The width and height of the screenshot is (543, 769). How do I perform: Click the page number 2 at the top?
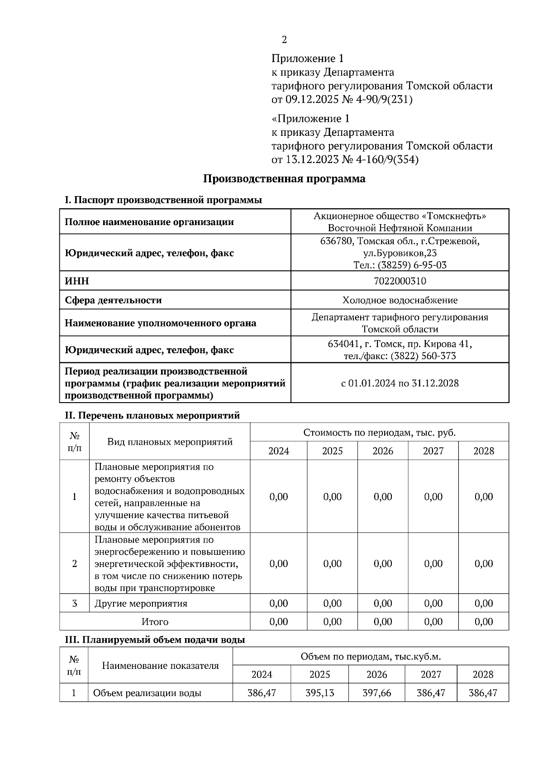coord(284,40)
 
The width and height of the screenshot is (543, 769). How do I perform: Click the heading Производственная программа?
coord(284,179)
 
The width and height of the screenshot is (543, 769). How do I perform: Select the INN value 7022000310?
coord(400,281)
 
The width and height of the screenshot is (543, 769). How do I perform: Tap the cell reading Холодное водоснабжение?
coord(400,300)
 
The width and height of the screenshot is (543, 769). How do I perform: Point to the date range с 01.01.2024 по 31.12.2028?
coord(400,384)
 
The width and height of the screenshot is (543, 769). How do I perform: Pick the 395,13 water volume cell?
coord(319,693)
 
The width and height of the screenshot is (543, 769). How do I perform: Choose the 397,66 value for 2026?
coord(376,693)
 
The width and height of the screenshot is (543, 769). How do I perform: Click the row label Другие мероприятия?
coord(141,604)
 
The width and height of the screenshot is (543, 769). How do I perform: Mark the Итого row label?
coord(155,622)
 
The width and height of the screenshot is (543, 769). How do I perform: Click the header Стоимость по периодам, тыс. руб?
coord(379,433)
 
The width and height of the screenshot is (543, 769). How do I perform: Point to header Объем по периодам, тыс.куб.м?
coord(371,656)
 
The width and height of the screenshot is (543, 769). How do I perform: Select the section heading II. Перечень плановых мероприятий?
coord(152,415)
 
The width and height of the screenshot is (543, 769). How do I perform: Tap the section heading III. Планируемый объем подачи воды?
coord(155,640)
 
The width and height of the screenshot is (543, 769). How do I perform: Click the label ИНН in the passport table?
coord(77,281)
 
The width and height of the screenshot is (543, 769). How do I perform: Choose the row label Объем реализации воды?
coord(147,693)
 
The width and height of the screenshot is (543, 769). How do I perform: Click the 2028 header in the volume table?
coord(482,674)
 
